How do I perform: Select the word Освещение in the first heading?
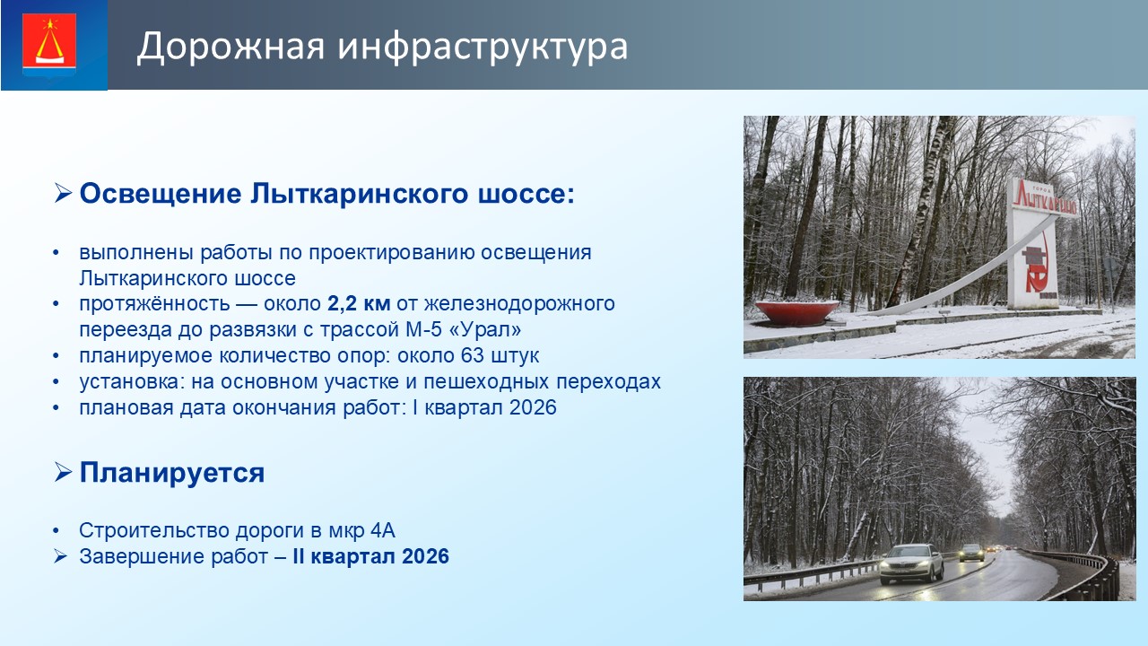(161, 194)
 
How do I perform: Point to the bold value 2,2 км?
(359, 303)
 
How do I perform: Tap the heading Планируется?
(172, 473)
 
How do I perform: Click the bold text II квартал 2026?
(371, 557)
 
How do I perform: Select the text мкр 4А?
(361, 530)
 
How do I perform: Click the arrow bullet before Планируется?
(63, 472)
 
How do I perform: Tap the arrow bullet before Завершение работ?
(60, 556)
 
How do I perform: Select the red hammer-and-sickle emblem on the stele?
(1036, 269)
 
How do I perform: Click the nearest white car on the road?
(912, 564)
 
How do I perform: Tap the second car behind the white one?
(971, 552)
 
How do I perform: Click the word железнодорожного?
(519, 304)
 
